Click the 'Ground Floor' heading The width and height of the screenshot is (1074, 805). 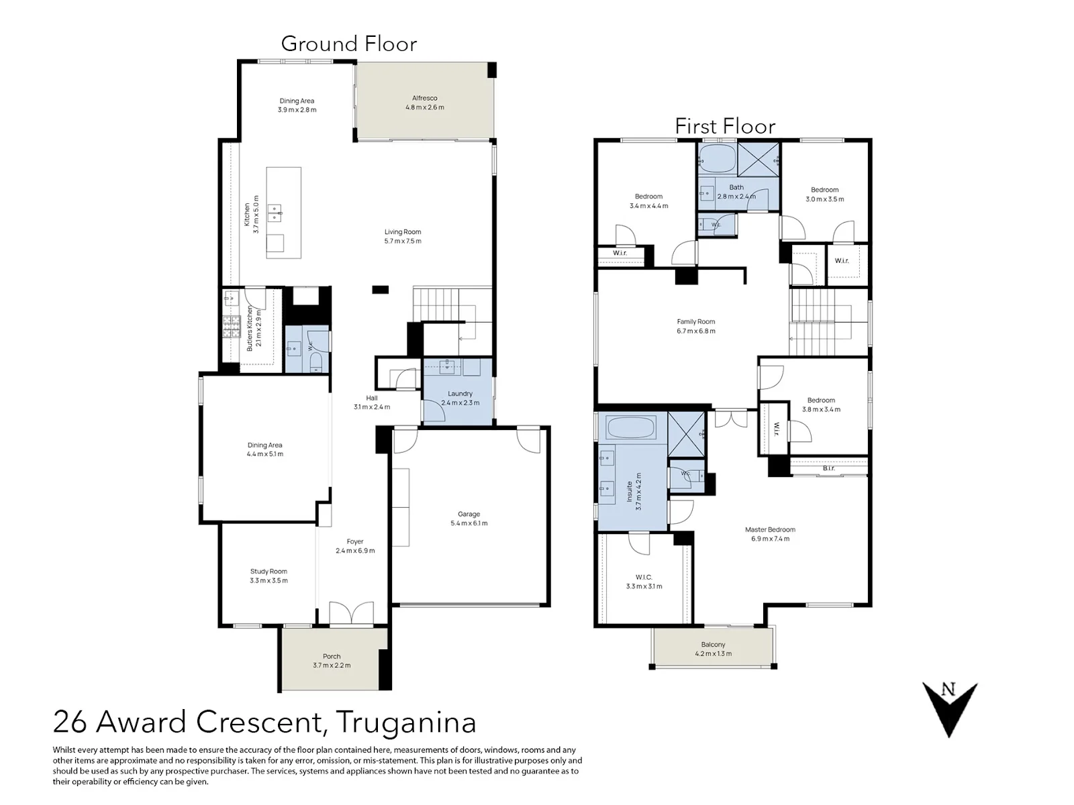pos(349,44)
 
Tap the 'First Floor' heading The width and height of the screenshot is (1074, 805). pos(725,127)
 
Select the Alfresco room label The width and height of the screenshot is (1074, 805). pos(425,98)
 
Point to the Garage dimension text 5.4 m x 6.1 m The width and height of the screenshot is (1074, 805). pos(469,523)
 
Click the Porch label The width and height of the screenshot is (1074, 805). pos(332,657)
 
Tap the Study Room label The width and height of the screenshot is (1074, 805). pos(268,572)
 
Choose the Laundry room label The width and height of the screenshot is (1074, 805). pos(460,394)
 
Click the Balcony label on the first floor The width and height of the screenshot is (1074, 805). pos(713,645)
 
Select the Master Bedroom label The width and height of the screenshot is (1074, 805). pos(770,529)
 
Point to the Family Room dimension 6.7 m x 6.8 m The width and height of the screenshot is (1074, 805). pos(696,331)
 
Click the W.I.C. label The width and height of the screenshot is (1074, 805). pos(644,577)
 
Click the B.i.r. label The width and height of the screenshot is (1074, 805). pos(828,468)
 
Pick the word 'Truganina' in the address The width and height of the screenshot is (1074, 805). pos(407,722)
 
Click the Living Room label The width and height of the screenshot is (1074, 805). pos(403,231)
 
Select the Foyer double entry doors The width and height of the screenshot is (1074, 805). pos(351,613)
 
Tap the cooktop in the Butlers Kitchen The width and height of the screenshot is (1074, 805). pos(232,327)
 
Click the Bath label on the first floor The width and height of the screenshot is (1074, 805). pos(736,187)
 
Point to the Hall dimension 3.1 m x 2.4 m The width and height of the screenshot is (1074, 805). pos(372,407)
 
